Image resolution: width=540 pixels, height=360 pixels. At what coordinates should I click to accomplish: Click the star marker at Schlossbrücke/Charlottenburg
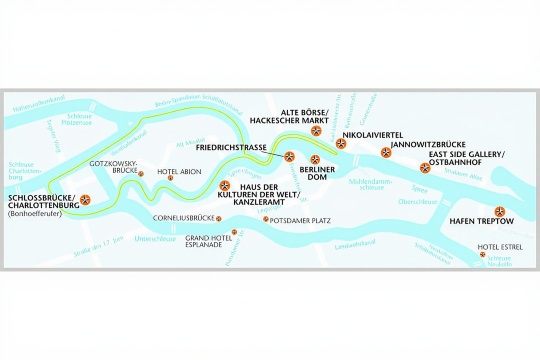click(x=85, y=199)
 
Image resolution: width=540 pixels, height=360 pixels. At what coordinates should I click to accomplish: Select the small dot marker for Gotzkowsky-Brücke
click(x=141, y=175)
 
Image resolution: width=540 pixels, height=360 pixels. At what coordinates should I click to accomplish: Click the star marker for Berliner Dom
click(x=316, y=158)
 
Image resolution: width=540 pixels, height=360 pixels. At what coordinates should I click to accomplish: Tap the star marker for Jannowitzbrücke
click(x=386, y=153)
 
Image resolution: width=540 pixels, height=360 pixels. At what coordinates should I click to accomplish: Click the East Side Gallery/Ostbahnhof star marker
click(x=424, y=165)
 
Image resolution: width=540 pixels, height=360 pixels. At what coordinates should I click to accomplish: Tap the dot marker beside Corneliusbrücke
click(x=222, y=217)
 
